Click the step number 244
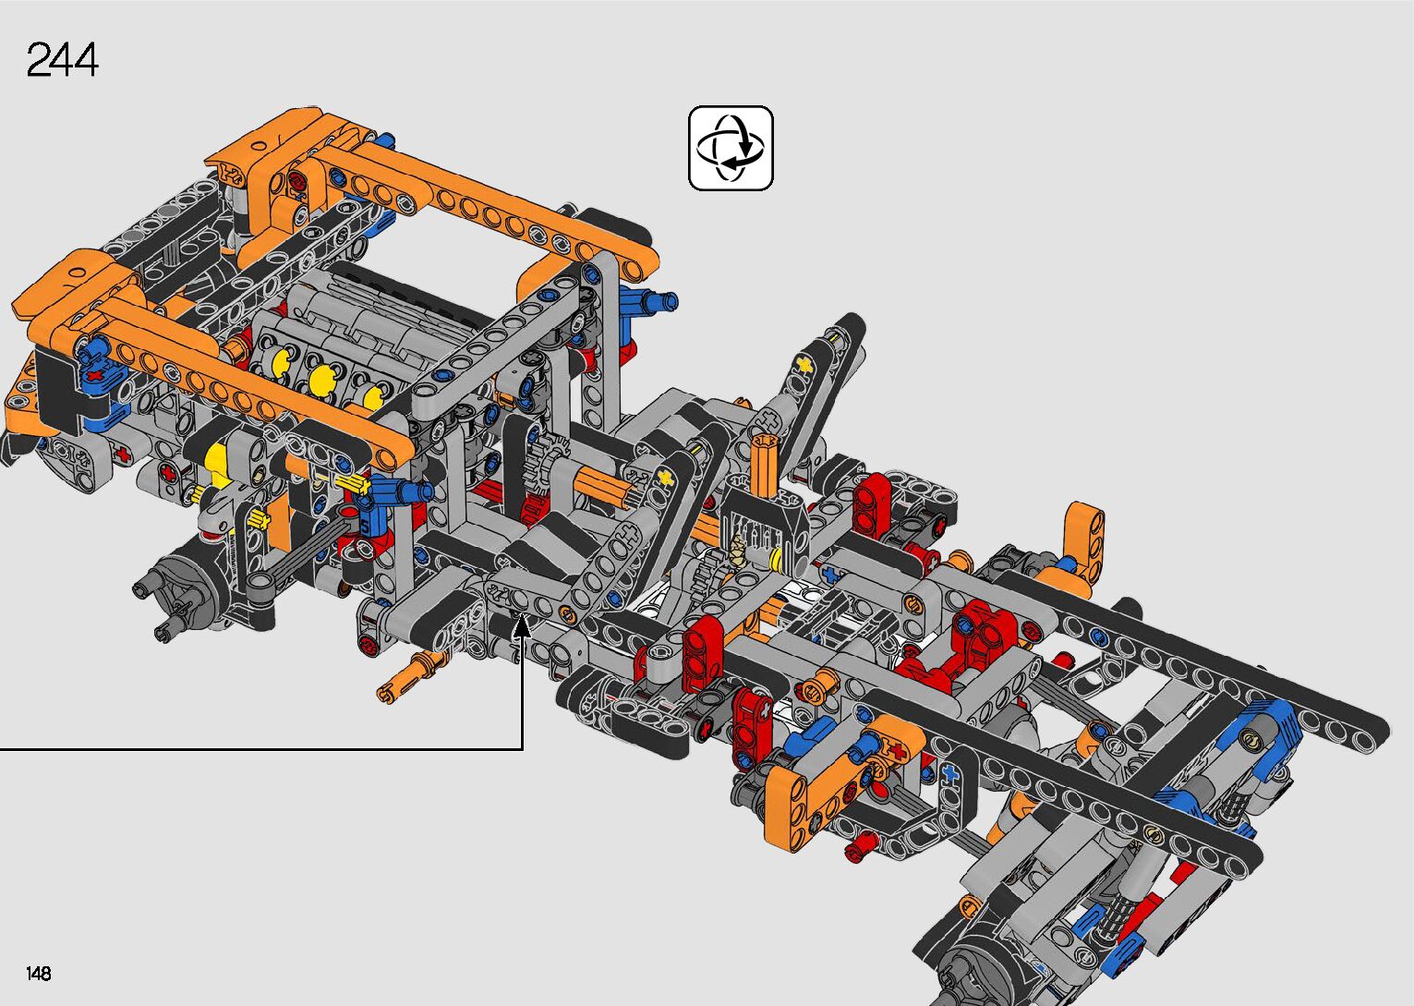coord(63,60)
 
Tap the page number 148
coord(39,973)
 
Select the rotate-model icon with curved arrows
coord(731,149)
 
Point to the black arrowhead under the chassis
coord(522,628)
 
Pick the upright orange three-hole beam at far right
coord(1085,542)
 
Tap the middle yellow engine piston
coord(323,380)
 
